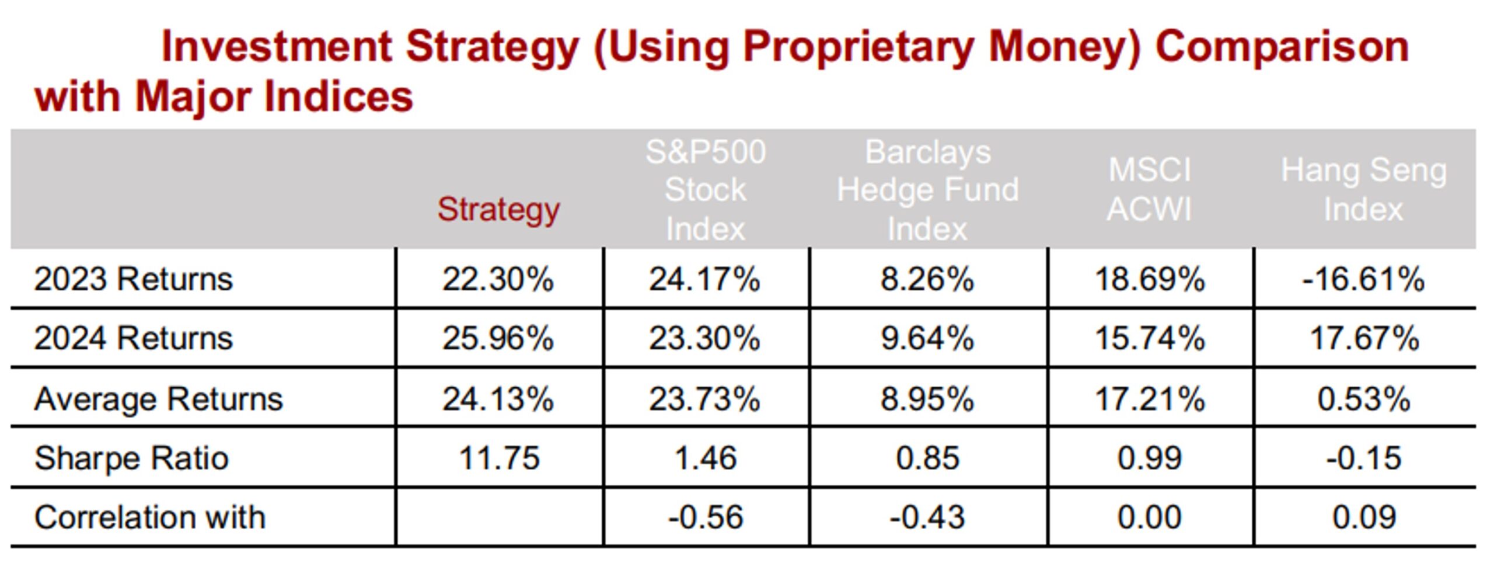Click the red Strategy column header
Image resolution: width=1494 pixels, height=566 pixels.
[x=498, y=209]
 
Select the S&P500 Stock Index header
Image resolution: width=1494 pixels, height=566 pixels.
[x=705, y=190]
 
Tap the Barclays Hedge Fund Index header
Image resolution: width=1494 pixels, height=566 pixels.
[x=927, y=190]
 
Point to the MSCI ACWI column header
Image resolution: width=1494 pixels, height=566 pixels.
[x=1149, y=190]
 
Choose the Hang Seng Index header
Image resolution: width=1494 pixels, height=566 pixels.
[x=1363, y=190]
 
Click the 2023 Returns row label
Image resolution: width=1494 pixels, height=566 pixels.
[x=133, y=279]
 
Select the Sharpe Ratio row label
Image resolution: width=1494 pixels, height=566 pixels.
[x=131, y=458]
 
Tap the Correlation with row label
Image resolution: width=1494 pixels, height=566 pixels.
[x=149, y=518]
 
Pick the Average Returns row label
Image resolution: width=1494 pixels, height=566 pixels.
[x=158, y=400]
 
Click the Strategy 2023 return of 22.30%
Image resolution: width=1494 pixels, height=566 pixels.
[x=498, y=279]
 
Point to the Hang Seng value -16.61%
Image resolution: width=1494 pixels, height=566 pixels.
[x=1363, y=279]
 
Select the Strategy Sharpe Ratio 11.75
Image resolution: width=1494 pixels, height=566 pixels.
[x=499, y=458]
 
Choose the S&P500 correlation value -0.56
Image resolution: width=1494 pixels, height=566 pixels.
[x=705, y=518]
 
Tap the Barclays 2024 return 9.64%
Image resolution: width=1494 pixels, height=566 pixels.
[x=927, y=339]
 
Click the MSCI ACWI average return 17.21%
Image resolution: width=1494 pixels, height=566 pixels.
[x=1150, y=400]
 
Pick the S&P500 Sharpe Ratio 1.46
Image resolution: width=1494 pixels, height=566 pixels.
[x=705, y=458]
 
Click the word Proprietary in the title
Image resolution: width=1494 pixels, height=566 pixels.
[x=858, y=47]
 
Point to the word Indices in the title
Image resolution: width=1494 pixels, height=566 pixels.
[x=338, y=96]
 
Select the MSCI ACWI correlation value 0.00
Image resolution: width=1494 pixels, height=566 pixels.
[x=1149, y=518]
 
